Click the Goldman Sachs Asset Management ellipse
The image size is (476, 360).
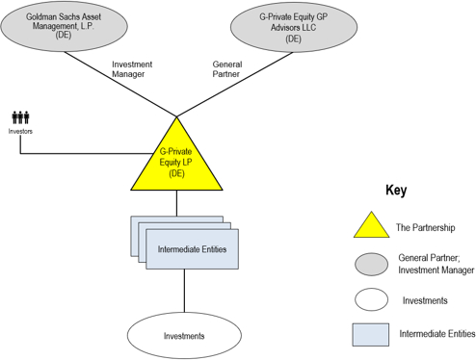pos(64,26)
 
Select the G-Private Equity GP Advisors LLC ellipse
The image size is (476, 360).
pos(294,27)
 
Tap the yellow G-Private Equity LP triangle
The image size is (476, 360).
pos(176,162)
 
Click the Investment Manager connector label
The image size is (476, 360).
pos(132,69)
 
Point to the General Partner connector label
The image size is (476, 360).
pos(227,69)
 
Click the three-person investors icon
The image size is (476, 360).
pos(20,117)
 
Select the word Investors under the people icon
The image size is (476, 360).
pos(20,131)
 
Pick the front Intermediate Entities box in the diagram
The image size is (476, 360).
pos(192,249)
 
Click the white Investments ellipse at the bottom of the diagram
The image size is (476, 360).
pos(184,336)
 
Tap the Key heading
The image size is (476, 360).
pos(396,190)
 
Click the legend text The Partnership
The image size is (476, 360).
pos(426,227)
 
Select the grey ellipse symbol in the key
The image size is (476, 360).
pos(372,265)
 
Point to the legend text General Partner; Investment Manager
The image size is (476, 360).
pos(436,264)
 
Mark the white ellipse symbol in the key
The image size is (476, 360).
pos(372,299)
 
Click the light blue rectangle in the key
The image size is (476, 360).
pos(371,335)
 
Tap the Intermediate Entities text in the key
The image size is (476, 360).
pos(437,334)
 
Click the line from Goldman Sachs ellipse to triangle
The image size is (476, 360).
pos(120,85)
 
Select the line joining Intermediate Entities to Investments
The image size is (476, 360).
pos(184,291)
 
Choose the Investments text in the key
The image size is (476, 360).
pos(425,300)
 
